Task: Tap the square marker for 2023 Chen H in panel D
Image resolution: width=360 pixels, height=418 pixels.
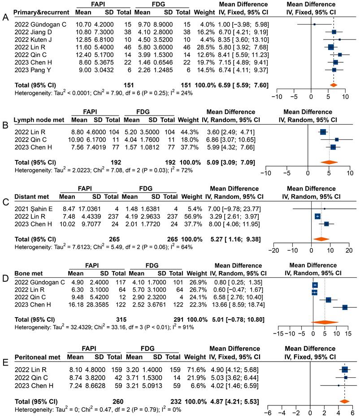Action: point(345,307)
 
